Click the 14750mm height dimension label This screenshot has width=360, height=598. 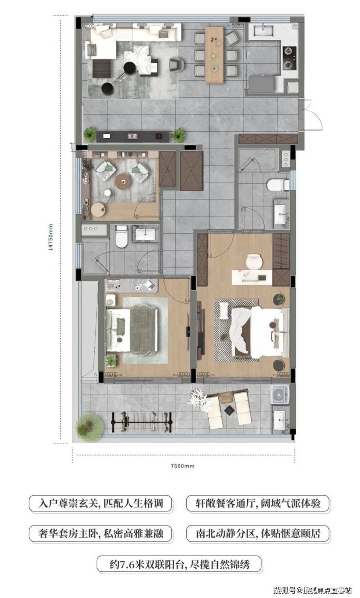pos(51,237)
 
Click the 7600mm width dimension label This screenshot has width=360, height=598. pos(182,466)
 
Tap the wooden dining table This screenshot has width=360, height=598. pos(214,54)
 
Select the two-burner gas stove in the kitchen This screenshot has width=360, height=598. pos(289,58)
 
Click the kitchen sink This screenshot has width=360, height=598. pos(263,31)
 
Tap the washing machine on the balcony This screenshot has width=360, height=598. pos(279,395)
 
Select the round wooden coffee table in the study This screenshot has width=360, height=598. pos(123,181)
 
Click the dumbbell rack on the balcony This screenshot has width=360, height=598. pos(142,422)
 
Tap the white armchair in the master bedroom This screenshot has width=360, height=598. pos(253,262)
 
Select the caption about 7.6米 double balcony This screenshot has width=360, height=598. pos(180,564)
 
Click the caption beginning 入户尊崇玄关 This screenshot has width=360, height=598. pos(100,504)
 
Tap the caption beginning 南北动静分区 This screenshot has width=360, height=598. pos(258,534)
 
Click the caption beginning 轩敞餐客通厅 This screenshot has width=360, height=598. pos(258,504)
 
